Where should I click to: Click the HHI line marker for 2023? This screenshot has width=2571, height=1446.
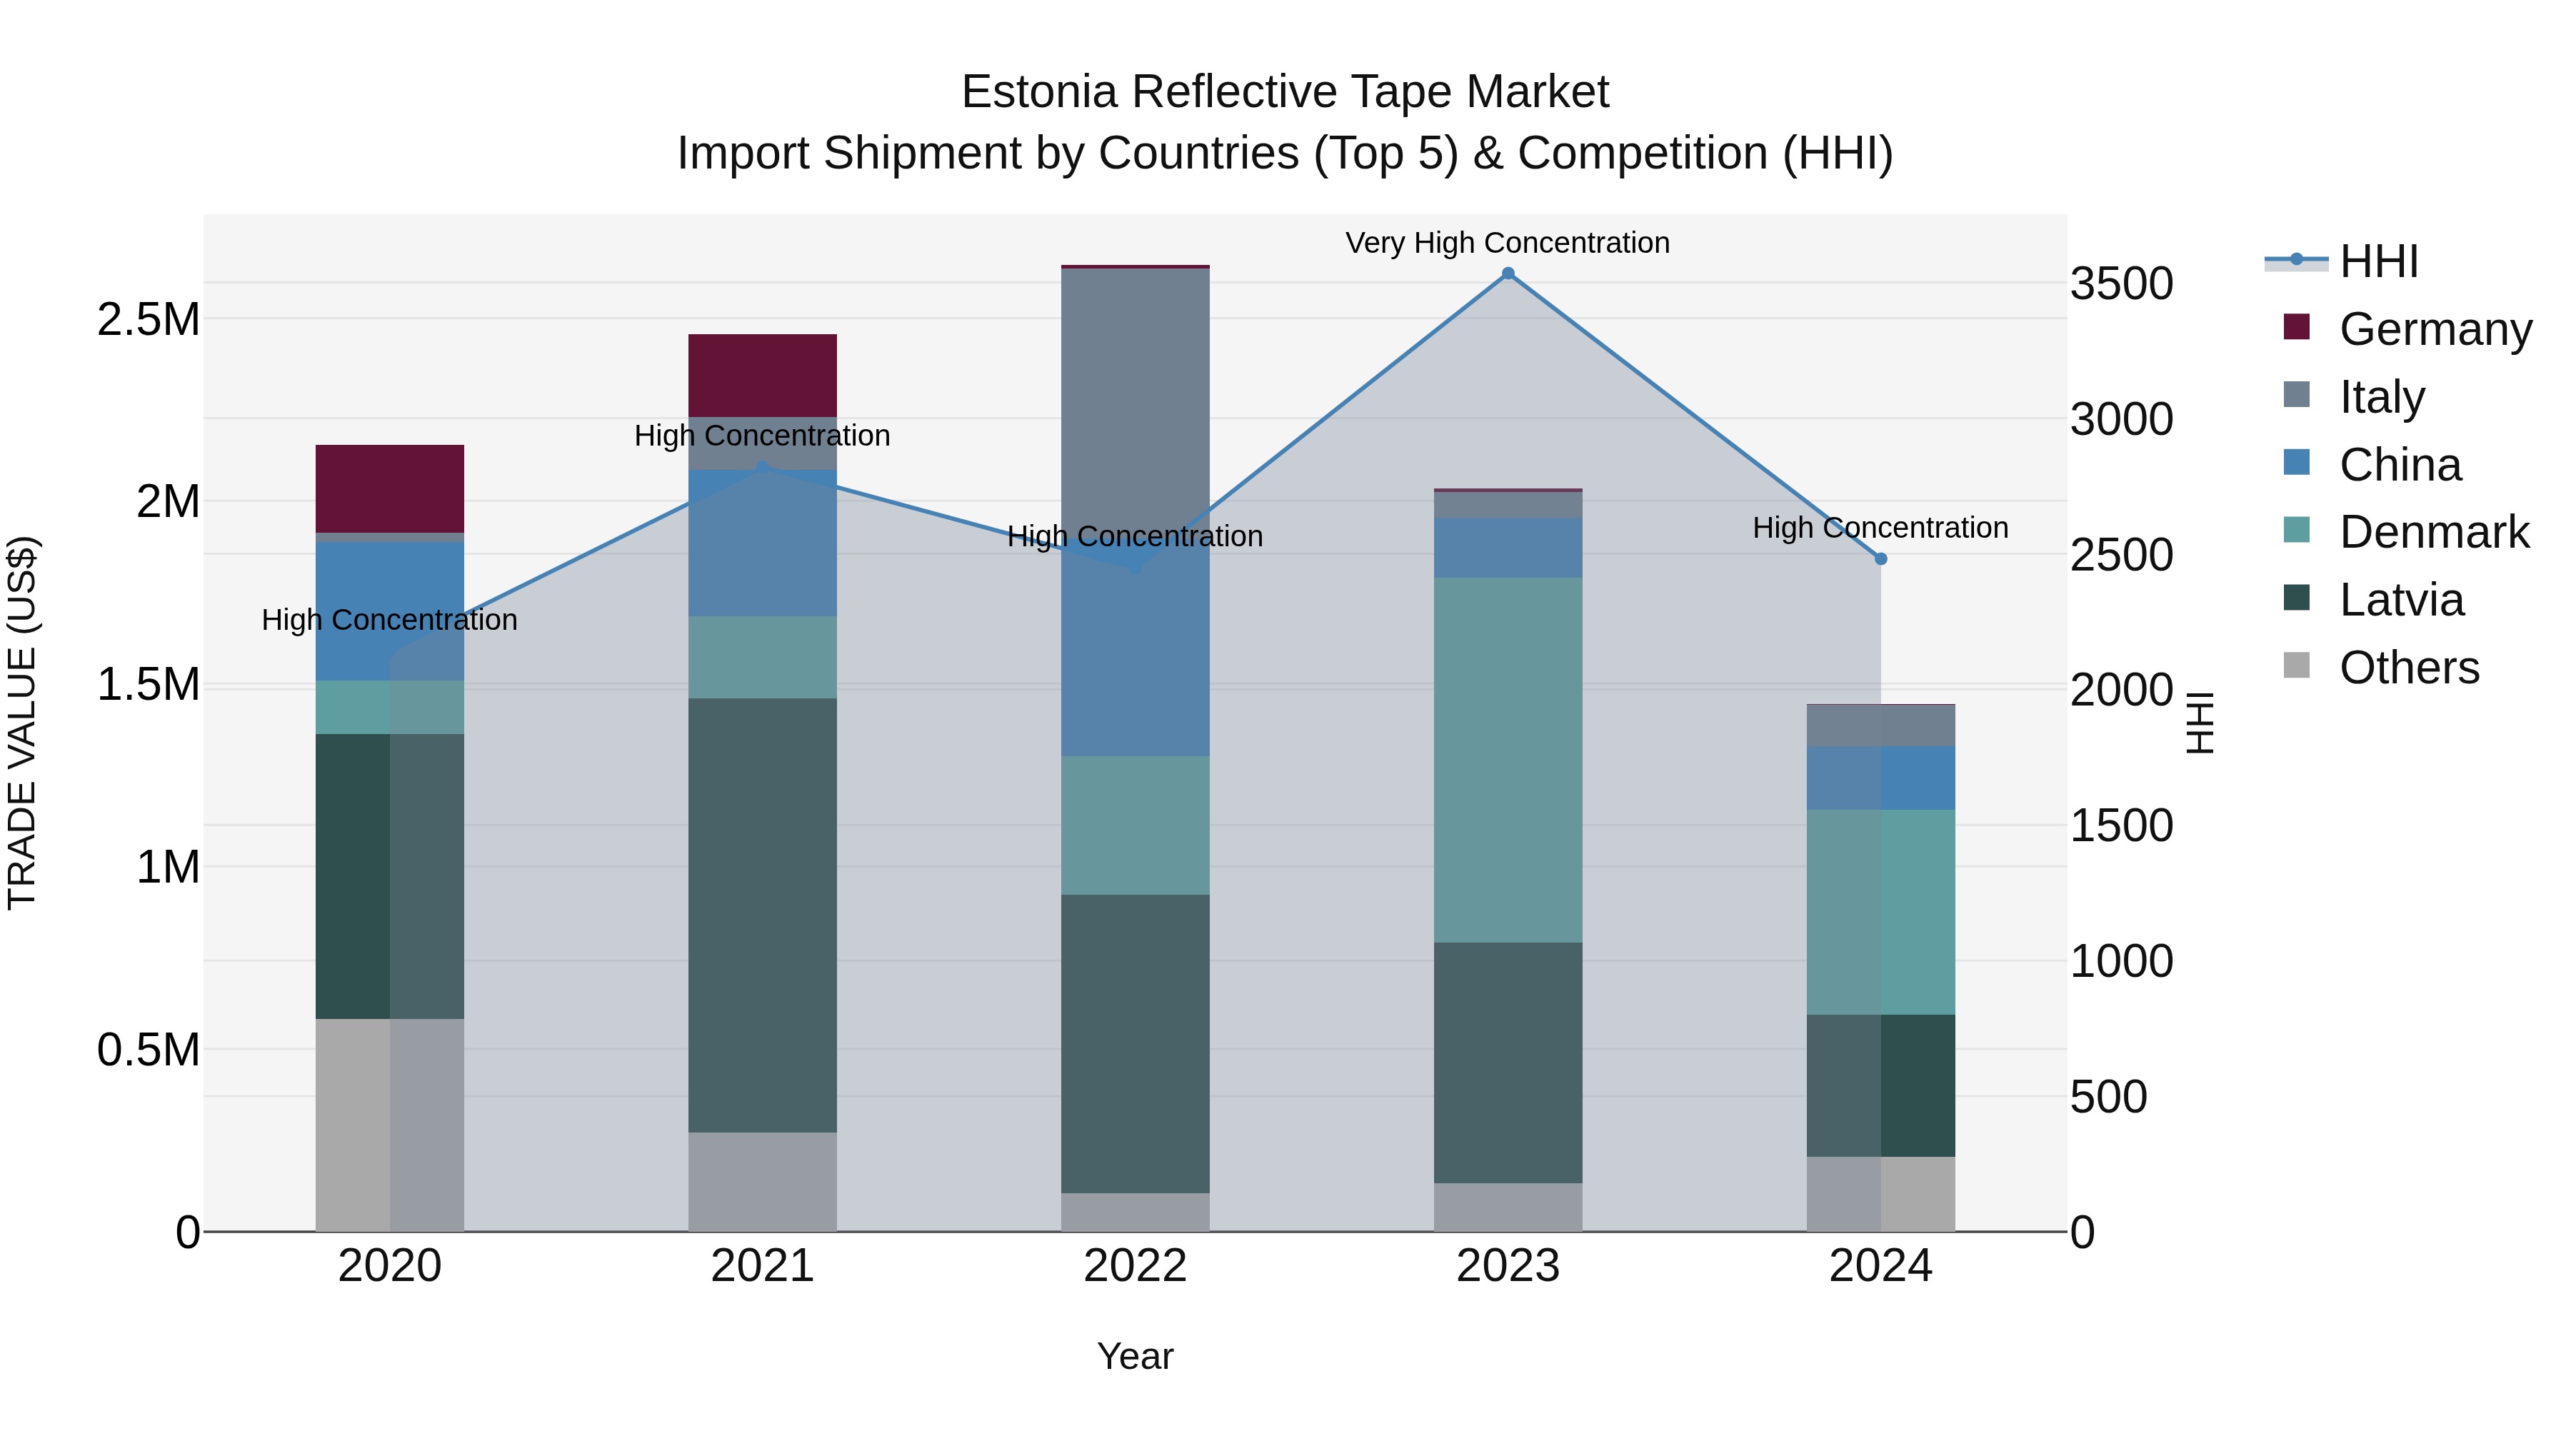pyautogui.click(x=1508, y=273)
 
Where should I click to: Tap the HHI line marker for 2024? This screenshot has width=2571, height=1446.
pyautogui.click(x=1880, y=559)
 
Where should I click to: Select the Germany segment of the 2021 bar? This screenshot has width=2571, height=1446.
pyautogui.click(x=763, y=375)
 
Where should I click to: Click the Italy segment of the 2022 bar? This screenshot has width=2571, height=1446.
pyautogui.click(x=1135, y=399)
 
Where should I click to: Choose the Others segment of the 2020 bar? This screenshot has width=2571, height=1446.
pyautogui.click(x=389, y=1125)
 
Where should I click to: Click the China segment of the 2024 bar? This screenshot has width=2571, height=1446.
pyautogui.click(x=1880, y=778)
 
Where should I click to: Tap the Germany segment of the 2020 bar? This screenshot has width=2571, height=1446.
pyautogui.click(x=389, y=488)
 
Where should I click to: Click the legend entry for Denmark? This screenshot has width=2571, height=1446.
pyautogui.click(x=2433, y=532)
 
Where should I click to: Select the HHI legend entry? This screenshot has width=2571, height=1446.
pyautogui.click(x=2377, y=261)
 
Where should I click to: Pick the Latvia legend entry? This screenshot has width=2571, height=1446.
pyautogui.click(x=2400, y=600)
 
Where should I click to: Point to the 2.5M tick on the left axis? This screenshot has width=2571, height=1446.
pyautogui.click(x=148, y=319)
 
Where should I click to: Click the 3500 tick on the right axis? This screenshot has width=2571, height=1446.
pyautogui.click(x=2121, y=283)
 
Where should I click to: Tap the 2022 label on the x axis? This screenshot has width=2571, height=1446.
pyautogui.click(x=1135, y=1265)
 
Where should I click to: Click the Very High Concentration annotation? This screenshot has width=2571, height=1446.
pyautogui.click(x=1507, y=243)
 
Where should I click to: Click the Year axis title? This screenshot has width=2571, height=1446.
pyautogui.click(x=1135, y=1356)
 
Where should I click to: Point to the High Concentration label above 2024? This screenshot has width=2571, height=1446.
pyautogui.click(x=1880, y=527)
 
